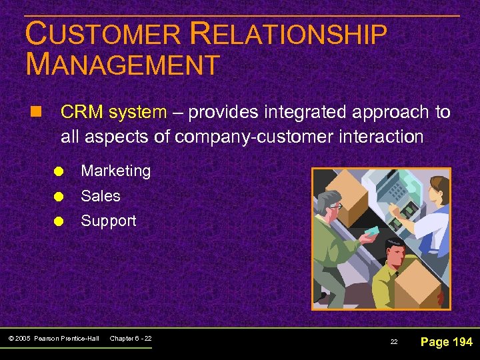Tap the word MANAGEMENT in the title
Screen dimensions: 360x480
123,65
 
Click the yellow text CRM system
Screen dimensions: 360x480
113,112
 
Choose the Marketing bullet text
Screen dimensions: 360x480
115,171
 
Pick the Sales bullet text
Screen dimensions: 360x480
101,196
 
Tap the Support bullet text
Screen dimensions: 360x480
108,221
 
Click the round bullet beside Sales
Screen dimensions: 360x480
59,197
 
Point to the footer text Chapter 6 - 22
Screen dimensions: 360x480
131,339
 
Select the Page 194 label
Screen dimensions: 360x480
447,341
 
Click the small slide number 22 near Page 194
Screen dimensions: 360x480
394,341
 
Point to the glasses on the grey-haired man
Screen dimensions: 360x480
335,207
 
